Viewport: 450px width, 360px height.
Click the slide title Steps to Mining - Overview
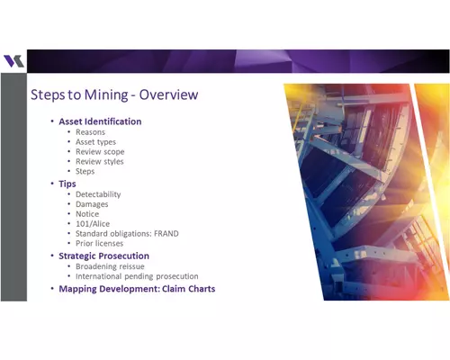(x=114, y=94)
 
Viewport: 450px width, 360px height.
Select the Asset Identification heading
(x=100, y=121)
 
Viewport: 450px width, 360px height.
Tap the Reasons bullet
(x=90, y=132)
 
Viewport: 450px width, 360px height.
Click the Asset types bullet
(x=95, y=142)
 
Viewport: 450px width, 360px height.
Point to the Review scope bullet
(x=100, y=152)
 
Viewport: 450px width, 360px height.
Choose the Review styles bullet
(x=100, y=162)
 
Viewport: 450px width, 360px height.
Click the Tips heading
(x=67, y=184)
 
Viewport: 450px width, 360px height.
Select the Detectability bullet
(x=98, y=194)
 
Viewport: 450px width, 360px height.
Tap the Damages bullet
(x=92, y=204)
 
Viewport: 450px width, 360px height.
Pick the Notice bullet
(x=87, y=214)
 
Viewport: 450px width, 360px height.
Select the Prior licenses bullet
(x=99, y=244)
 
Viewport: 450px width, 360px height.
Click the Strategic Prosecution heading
(x=104, y=256)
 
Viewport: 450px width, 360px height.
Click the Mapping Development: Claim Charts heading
(x=137, y=289)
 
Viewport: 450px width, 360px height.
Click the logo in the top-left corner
(x=13, y=61)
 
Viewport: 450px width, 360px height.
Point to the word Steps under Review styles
(x=85, y=172)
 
